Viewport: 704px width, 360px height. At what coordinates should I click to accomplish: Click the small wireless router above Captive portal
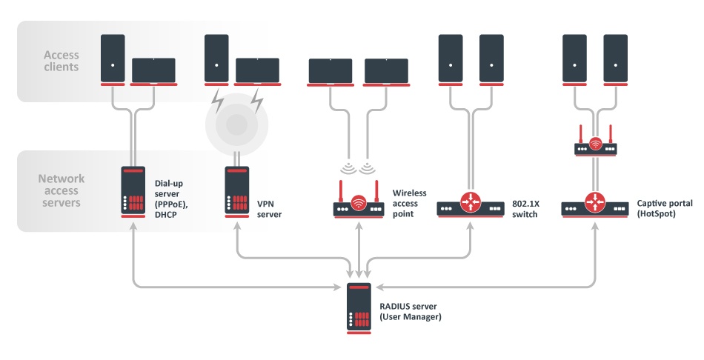click(596, 145)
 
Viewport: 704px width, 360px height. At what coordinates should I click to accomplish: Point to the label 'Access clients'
click(61, 61)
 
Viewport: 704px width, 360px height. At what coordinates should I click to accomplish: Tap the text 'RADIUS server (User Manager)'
click(412, 312)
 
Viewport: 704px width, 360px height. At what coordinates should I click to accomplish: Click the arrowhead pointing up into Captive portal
click(595, 225)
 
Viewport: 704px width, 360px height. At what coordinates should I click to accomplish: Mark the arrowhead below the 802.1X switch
click(470, 225)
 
